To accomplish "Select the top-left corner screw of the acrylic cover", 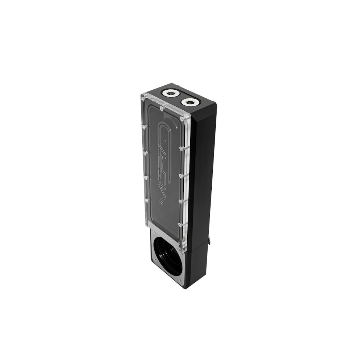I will point(143,98).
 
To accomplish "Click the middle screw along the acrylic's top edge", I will point(161,107).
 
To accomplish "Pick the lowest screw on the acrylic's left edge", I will point(147,200).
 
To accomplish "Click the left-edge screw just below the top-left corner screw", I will point(144,127).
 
